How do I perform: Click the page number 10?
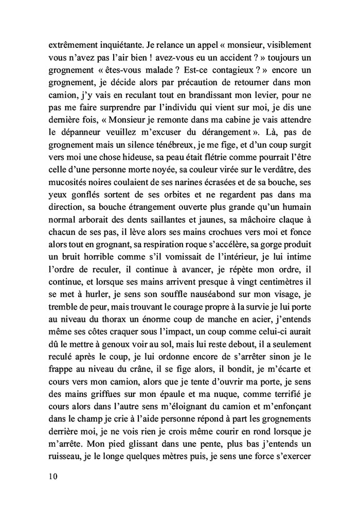(x=50, y=476)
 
